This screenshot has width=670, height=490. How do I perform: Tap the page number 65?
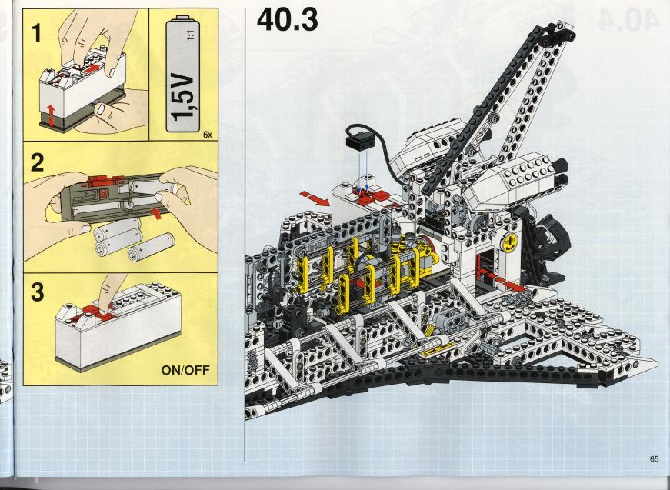click(654, 459)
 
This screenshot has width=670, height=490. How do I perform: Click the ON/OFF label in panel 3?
click(186, 370)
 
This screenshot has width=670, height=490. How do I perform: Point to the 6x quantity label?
click(207, 135)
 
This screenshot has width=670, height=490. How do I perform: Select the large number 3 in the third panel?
click(37, 292)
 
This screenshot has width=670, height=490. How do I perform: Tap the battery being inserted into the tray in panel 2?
click(154, 188)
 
